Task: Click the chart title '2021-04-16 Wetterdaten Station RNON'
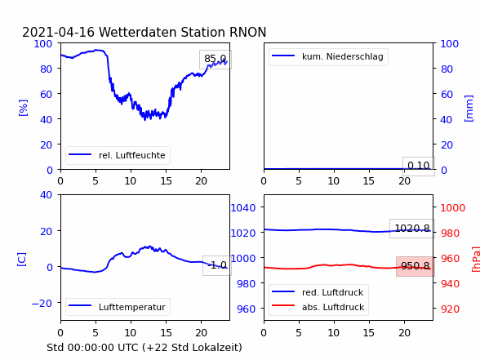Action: (144, 32)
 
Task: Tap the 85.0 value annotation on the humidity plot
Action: (216, 59)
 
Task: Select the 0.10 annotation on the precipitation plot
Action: (419, 167)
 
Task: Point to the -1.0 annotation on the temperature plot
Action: (217, 265)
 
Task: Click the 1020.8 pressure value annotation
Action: (412, 229)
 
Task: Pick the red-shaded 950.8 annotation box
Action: (415, 266)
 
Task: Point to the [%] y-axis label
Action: (23, 108)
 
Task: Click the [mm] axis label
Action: (469, 109)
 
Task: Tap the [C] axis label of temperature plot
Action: (22, 260)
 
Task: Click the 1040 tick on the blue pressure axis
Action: (243, 208)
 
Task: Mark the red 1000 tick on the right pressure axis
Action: (453, 208)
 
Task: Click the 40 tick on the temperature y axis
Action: (47, 194)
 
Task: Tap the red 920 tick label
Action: (450, 309)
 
